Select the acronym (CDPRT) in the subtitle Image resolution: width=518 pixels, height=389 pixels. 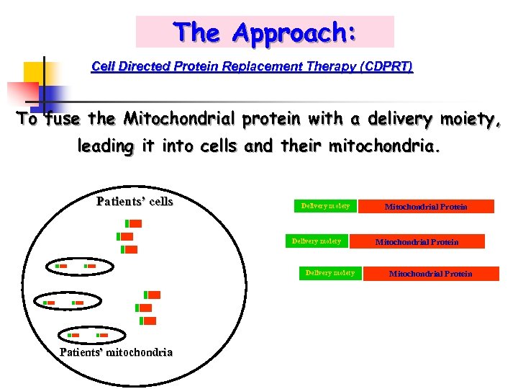pos(379,67)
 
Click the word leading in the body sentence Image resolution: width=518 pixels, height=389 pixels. pos(105,147)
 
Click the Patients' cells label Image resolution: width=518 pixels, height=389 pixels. pos(135,202)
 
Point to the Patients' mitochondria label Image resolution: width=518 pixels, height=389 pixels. pos(116,352)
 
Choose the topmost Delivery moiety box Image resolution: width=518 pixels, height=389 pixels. pos(325,207)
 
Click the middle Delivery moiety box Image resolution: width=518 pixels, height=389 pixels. pos(317,241)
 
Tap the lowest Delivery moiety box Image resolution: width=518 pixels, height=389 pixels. pos(330,274)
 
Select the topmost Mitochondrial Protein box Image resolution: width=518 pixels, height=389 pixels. pos(426,207)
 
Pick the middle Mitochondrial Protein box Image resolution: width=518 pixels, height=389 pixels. pos(417,242)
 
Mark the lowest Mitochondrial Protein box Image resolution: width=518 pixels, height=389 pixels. pos(430,274)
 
